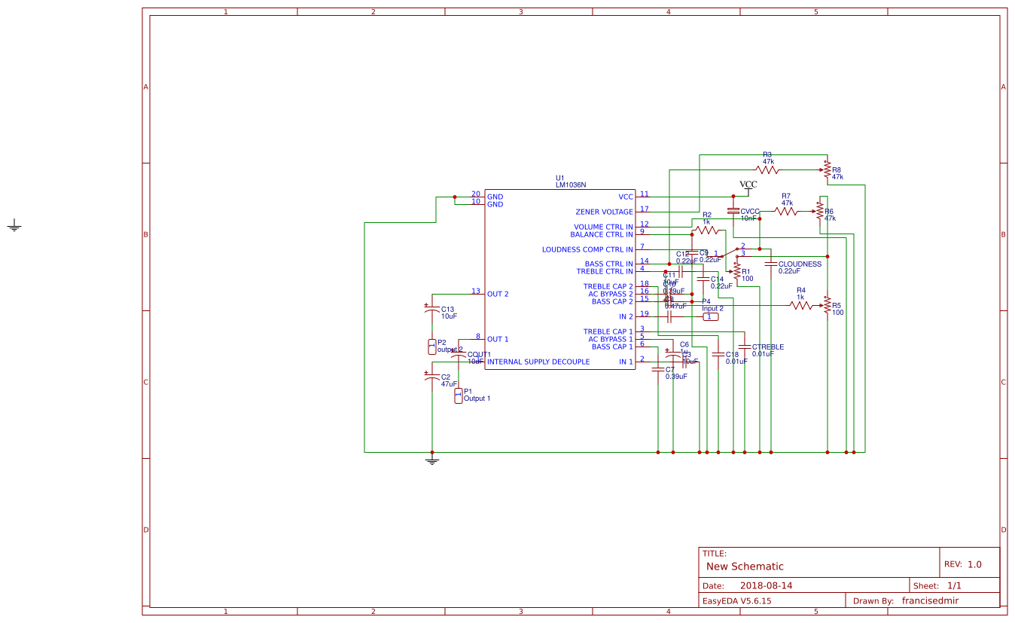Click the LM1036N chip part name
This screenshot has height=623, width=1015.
(x=571, y=185)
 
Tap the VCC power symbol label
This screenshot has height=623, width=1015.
(x=748, y=185)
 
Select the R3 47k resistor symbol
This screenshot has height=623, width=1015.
(x=767, y=169)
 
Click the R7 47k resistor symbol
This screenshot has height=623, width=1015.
(x=787, y=212)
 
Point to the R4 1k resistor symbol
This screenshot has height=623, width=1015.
(x=800, y=305)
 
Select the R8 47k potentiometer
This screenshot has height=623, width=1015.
(x=827, y=170)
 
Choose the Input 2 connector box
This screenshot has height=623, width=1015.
(x=710, y=317)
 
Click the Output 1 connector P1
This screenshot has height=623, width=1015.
(x=458, y=396)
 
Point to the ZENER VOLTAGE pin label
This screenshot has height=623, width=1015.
(x=604, y=212)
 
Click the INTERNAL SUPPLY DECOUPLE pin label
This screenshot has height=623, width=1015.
(x=538, y=362)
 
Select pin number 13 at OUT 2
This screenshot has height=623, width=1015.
(x=475, y=291)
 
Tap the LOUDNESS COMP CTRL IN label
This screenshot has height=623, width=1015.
(x=587, y=249)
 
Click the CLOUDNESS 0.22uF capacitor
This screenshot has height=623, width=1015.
(x=770, y=264)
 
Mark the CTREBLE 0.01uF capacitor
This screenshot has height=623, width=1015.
(x=744, y=347)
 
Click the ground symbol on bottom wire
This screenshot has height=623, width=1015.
(x=431, y=459)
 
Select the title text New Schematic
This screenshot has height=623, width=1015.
(x=745, y=567)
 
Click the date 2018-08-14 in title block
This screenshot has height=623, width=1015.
(x=766, y=585)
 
